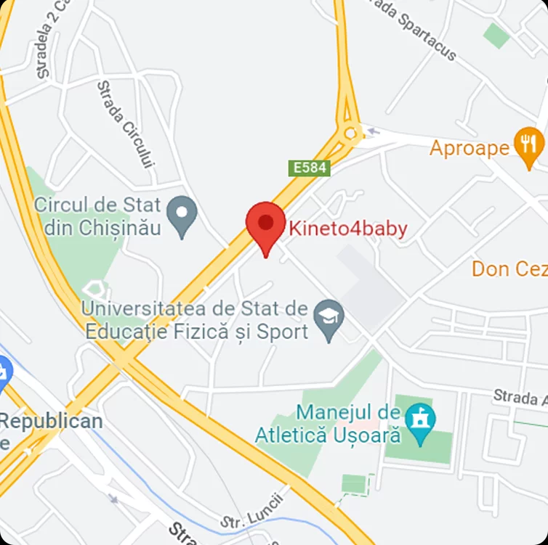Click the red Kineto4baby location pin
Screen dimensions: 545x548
click(x=265, y=224)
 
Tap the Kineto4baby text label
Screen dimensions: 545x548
click(x=348, y=229)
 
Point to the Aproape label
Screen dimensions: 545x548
click(x=470, y=148)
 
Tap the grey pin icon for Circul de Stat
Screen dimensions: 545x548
click(x=181, y=215)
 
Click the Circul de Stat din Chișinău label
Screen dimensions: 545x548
click(x=97, y=216)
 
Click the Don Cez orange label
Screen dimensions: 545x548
click(x=509, y=269)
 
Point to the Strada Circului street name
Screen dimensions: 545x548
click(x=126, y=123)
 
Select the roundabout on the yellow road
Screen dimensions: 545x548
click(x=352, y=132)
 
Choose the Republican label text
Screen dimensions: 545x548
click(x=51, y=422)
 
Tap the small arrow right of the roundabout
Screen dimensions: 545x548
click(x=373, y=131)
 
